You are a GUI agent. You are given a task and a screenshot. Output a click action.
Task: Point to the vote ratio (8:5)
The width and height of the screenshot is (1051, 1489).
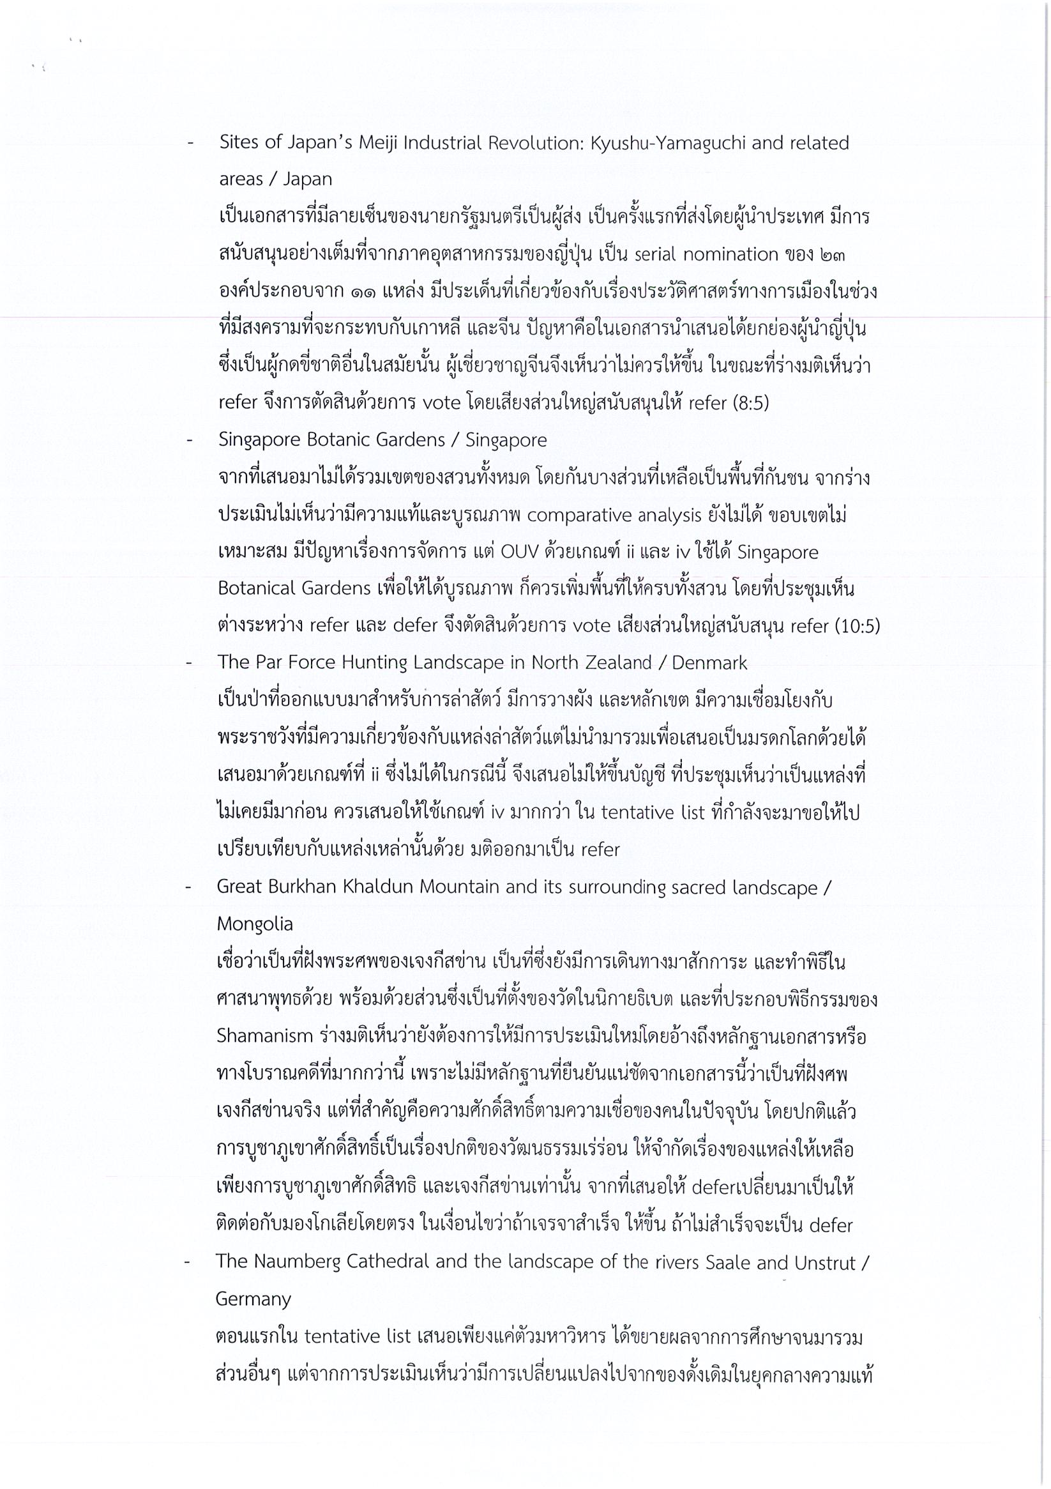pyautogui.click(x=750, y=403)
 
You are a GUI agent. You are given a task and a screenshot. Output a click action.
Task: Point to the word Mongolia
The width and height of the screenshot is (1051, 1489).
pyautogui.click(x=255, y=924)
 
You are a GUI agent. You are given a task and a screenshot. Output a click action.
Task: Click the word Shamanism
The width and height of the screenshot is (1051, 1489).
pyautogui.click(x=264, y=1035)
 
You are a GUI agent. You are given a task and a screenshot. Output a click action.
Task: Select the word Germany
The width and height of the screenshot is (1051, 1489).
pyautogui.click(x=253, y=1299)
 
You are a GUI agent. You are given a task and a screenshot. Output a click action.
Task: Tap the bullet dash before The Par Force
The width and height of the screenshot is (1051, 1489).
pyautogui.click(x=188, y=664)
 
